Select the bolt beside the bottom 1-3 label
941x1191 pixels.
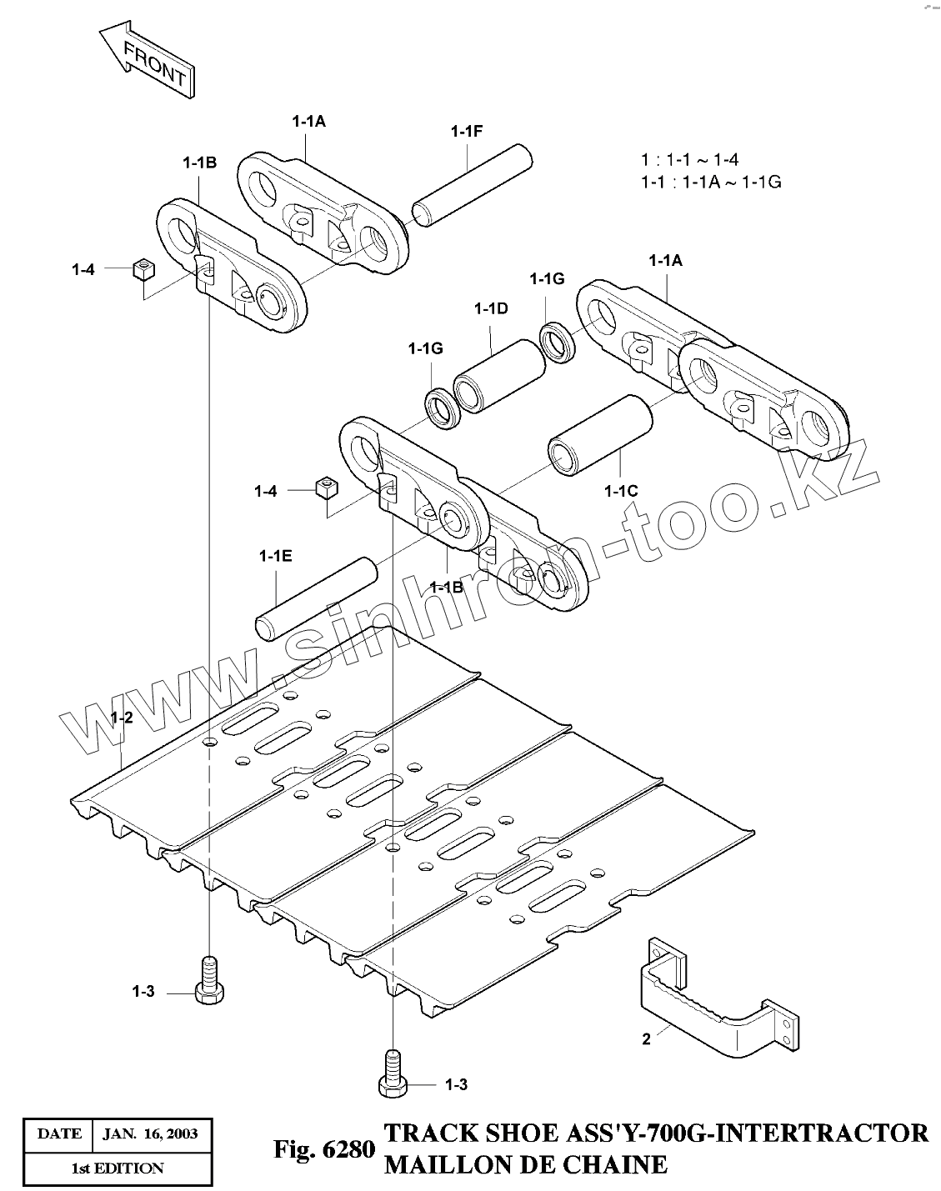391,1073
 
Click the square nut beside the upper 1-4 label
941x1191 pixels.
144,268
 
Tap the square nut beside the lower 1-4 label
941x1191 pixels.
325,487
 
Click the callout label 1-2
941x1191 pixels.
122,718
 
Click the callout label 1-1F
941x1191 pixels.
467,131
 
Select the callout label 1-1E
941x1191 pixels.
275,555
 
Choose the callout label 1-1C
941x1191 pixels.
622,491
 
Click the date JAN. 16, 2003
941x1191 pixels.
149,1133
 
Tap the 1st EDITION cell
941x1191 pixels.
117,1168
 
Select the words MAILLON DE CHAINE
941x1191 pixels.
525,1163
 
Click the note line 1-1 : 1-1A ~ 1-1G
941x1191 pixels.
710,181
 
